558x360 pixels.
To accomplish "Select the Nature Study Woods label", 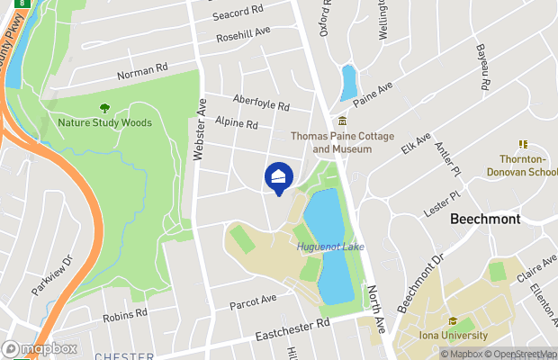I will coord(104,122).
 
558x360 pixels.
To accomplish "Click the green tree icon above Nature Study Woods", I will coord(104,107).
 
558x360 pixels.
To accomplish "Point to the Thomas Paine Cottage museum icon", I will coord(342,121).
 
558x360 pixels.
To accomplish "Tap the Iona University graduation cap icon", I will coord(454,321).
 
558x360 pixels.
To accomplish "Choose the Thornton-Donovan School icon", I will coord(522,143).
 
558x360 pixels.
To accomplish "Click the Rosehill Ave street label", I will coord(243,35).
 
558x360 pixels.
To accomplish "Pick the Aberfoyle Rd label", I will coord(260,104).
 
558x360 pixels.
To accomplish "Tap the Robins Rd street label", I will coord(125,314).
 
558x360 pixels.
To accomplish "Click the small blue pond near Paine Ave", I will coord(348,82).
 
